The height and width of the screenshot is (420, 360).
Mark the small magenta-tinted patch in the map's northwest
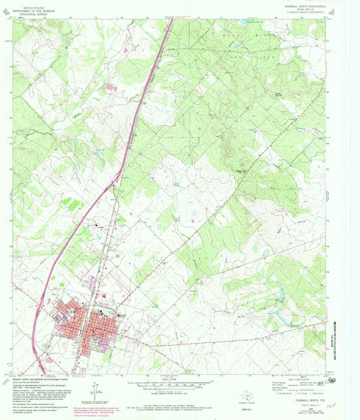[x=113, y=87]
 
